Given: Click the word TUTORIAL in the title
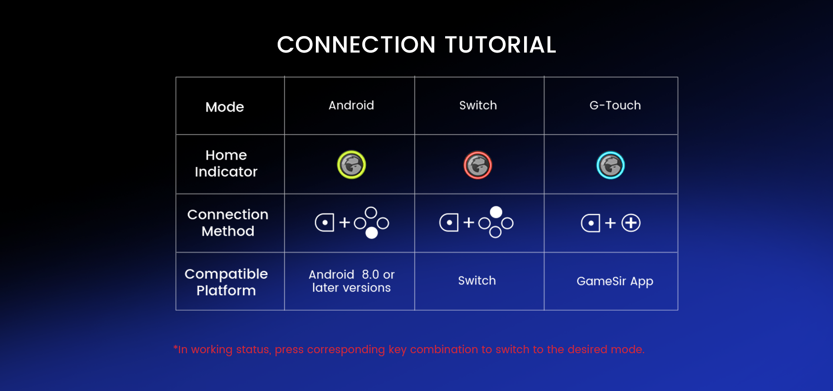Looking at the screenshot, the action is (501, 45).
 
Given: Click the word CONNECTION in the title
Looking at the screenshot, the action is (356, 45).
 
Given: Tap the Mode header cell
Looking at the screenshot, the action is (225, 107).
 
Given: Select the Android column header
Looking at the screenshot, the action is (351, 105).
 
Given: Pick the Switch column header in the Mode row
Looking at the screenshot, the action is (478, 105).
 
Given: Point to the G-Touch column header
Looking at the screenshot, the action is (615, 105).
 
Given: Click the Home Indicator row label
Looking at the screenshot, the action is (226, 163).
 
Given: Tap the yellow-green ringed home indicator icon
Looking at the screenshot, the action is (351, 165).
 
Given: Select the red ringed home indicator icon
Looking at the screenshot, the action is (478, 165).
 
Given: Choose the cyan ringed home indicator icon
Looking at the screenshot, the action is (610, 165).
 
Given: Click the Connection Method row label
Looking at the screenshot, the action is (228, 222).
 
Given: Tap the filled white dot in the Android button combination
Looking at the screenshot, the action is (371, 233).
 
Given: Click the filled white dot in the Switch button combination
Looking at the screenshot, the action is (496, 212).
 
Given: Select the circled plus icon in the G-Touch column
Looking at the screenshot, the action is (631, 223).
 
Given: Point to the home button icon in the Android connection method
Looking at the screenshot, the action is (325, 222).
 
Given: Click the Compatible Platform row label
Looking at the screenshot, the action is (226, 282).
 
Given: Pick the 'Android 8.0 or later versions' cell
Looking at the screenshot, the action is (351, 281).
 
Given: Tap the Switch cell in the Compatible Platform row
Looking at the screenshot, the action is (477, 281).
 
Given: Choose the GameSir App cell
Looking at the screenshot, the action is (615, 282).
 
